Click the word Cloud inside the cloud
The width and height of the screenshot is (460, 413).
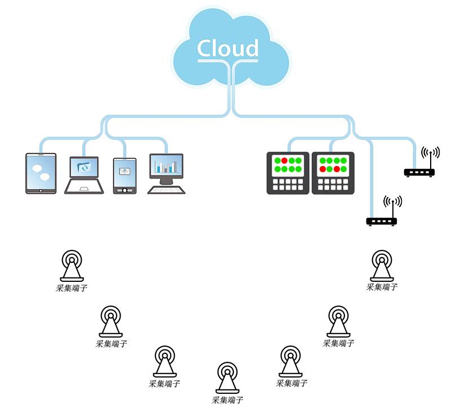coord(228,48)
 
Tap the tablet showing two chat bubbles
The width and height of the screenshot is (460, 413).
coord(41,173)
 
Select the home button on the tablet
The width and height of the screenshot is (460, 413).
coord(41,191)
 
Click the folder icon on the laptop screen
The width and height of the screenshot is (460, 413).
coord(84,167)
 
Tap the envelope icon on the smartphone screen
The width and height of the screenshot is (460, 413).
coord(125,171)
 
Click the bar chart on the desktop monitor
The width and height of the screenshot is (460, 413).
coord(166,166)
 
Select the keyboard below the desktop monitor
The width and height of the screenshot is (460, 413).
coord(166,190)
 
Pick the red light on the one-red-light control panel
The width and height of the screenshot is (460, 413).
coord(285,161)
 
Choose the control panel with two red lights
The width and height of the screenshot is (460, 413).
coord(333,173)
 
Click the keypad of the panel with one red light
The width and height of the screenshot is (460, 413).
coord(288,184)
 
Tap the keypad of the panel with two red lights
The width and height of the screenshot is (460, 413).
coord(333,184)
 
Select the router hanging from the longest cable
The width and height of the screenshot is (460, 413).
coord(382,221)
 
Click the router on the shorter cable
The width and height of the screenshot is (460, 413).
coord(419,172)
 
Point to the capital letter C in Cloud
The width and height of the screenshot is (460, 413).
coord(206,48)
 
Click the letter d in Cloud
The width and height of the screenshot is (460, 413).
coord(251,48)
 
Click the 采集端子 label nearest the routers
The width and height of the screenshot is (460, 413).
coord(382,287)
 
